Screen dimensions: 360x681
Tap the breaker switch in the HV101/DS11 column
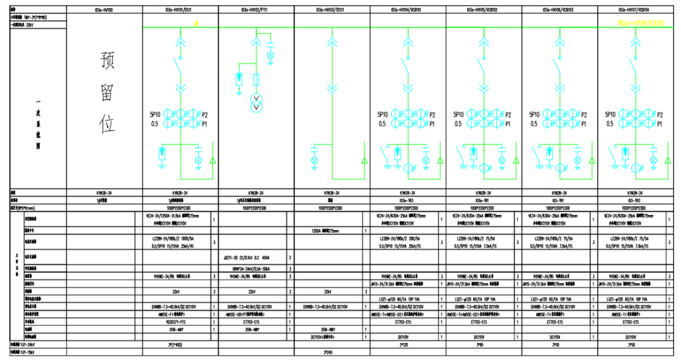point(181,65)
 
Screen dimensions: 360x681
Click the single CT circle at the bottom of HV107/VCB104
point(634,167)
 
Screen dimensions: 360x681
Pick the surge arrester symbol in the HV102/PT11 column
point(238,79)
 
